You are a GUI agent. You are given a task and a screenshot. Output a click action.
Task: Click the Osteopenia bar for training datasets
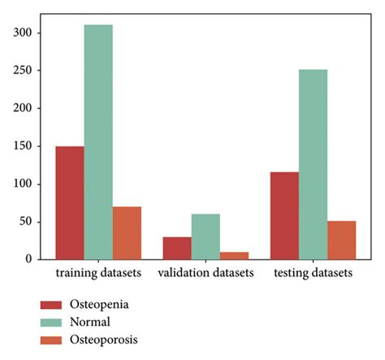(69, 202)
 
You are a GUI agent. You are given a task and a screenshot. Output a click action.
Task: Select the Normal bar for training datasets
(98, 141)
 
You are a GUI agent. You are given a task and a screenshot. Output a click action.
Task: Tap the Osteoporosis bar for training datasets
(127, 232)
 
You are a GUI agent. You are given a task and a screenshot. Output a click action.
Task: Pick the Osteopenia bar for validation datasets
(176, 248)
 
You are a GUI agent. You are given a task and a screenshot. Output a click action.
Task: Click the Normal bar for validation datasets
(205, 236)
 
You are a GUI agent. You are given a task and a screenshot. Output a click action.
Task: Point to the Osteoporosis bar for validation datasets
(234, 255)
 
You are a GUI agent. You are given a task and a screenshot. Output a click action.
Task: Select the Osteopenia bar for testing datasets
(284, 215)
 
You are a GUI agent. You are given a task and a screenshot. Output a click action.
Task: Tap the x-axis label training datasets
(98, 273)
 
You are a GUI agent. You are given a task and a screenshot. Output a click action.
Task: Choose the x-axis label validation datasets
(205, 273)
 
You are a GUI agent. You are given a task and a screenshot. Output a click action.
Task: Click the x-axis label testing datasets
(313, 273)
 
